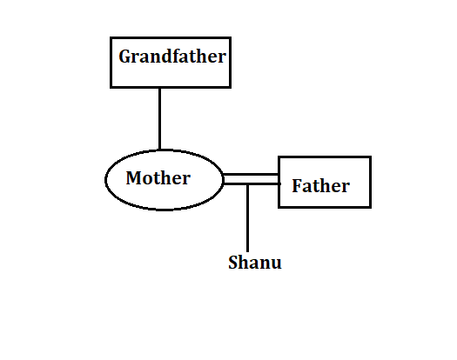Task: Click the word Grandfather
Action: pyautogui.click(x=172, y=57)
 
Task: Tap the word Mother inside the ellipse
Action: pyautogui.click(x=158, y=177)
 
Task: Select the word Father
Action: pyautogui.click(x=320, y=185)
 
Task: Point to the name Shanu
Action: pyautogui.click(x=255, y=262)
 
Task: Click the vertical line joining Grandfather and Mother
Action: pyautogui.click(x=159, y=118)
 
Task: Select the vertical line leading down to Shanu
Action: pyautogui.click(x=248, y=218)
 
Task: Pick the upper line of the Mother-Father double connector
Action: pyautogui.click(x=251, y=175)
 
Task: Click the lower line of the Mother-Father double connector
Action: pyautogui.click(x=252, y=183)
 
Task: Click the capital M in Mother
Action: pyautogui.click(x=134, y=177)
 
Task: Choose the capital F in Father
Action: pyautogui.click(x=298, y=185)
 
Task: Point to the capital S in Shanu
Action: pyautogui.click(x=233, y=262)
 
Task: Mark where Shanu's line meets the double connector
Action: pyautogui.click(x=248, y=183)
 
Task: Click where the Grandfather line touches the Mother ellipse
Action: pyautogui.click(x=159, y=150)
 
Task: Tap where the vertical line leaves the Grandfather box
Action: pyautogui.click(x=159, y=87)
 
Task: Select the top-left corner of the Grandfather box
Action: pyautogui.click(x=111, y=38)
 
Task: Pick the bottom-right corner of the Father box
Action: pyautogui.click(x=371, y=207)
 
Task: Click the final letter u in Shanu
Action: pyautogui.click(x=276, y=264)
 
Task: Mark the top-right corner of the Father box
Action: pyautogui.click(x=371, y=157)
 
